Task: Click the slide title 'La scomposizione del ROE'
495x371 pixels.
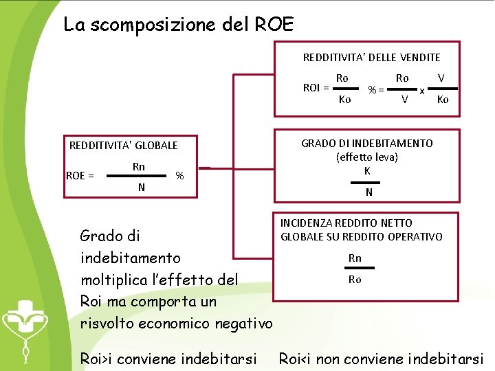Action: [x=178, y=25]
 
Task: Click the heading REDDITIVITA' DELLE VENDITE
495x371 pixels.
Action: [x=371, y=58]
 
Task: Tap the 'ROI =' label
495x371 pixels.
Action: [x=316, y=87]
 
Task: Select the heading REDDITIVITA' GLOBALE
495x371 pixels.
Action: [x=124, y=146]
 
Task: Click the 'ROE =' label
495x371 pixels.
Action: [x=80, y=176]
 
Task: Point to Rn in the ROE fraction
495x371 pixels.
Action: [x=139, y=166]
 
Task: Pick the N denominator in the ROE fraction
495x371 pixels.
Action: [x=140, y=187]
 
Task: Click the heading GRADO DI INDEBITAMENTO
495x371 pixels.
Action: [x=367, y=144]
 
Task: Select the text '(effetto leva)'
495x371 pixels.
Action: [x=367, y=157]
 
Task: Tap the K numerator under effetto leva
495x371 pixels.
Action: [x=368, y=170]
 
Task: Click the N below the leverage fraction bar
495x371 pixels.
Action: [x=368, y=192]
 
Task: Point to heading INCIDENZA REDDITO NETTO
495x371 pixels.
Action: [x=346, y=223]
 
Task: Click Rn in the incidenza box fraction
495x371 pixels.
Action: [x=355, y=258]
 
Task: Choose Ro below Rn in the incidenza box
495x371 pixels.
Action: [x=355, y=280]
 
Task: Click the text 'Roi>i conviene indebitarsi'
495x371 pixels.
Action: [x=168, y=359]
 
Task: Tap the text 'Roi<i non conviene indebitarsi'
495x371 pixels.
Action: [x=381, y=359]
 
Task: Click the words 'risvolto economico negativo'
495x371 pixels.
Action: [x=177, y=324]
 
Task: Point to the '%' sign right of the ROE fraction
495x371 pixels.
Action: [x=179, y=176]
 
